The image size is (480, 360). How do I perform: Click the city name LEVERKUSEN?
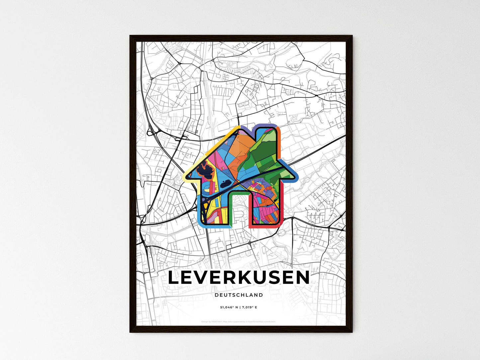pyautogui.click(x=239, y=278)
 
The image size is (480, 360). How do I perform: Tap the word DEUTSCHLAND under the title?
pyautogui.click(x=239, y=295)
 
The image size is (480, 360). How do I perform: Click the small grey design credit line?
pyautogui.click(x=239, y=321)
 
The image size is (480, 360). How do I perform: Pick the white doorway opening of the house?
pyautogui.click(x=240, y=209)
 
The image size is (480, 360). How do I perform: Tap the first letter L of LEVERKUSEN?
pyautogui.click(x=174, y=278)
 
